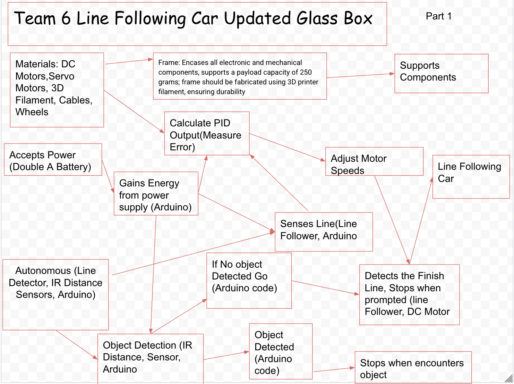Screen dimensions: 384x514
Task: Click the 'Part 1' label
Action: pos(438,16)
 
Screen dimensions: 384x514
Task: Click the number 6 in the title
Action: pos(66,19)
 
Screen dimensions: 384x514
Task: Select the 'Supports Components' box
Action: pos(441,73)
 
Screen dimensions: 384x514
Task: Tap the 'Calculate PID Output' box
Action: pos(207,134)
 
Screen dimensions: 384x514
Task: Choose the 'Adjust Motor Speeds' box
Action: pos(374,162)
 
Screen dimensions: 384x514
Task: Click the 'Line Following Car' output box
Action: pos(471,177)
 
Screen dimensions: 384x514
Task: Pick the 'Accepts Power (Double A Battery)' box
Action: pos(53,160)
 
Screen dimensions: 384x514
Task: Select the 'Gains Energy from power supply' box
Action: pos(156,194)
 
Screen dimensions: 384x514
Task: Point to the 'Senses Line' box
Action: pos(324,232)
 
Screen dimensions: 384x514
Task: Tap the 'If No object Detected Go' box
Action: pos(249,281)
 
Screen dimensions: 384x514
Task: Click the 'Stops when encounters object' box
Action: pos(413,368)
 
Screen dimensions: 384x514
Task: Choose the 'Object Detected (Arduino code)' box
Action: pos(281,352)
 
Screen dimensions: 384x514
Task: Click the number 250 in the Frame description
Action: pos(306,72)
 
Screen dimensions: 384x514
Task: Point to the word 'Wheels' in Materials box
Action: pos(32,112)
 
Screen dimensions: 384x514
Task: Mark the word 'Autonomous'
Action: pos(43,271)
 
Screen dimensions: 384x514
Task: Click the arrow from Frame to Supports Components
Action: pos(361,75)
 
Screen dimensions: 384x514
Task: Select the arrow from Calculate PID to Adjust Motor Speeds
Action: pos(287,147)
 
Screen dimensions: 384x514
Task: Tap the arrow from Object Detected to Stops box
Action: pos(334,370)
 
